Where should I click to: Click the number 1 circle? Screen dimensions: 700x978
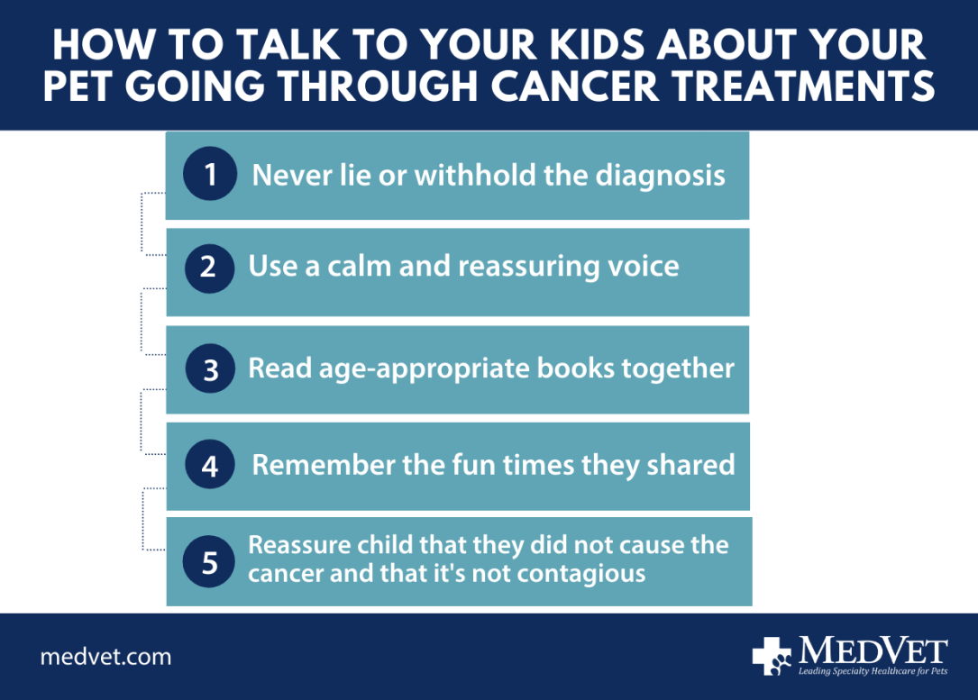(x=210, y=174)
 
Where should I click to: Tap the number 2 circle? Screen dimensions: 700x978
(x=209, y=268)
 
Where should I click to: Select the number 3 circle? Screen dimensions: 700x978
(x=211, y=369)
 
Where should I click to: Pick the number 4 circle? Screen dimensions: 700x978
(x=210, y=466)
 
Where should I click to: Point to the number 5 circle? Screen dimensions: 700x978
(x=209, y=563)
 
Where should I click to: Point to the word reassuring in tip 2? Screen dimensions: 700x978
(x=515, y=267)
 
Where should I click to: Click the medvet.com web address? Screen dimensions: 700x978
(x=105, y=657)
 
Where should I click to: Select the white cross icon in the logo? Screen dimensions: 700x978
(x=772, y=656)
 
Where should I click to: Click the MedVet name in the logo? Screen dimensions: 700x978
(x=873, y=650)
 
